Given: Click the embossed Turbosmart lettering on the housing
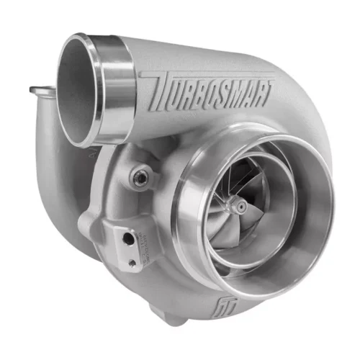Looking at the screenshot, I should (209, 94).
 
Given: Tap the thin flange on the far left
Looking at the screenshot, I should (40, 91).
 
